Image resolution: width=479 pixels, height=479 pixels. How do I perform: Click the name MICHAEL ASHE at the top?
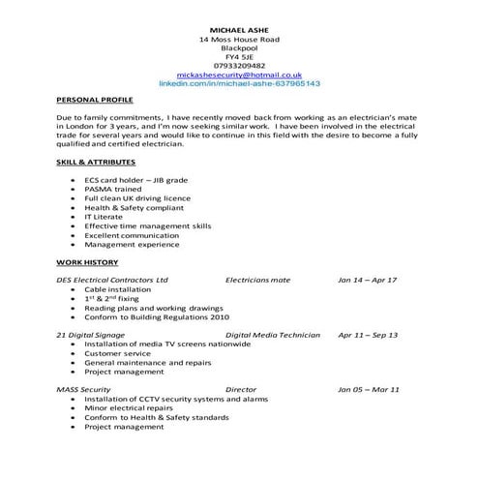(238, 30)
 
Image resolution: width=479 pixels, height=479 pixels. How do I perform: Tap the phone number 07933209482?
(238, 65)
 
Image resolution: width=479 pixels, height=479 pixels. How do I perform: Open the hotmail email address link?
(239, 75)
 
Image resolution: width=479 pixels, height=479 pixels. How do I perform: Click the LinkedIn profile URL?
(239, 84)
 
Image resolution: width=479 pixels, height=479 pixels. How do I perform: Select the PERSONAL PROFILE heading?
(95, 100)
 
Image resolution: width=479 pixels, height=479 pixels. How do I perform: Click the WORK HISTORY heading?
(87, 262)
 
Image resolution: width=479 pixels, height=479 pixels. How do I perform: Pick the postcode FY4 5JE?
(238, 56)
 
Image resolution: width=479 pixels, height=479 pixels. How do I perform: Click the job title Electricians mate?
(257, 280)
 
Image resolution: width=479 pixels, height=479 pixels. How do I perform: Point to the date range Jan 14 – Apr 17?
(367, 280)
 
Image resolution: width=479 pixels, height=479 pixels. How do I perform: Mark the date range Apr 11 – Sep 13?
(367, 335)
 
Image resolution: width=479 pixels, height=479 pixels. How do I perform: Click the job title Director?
(241, 389)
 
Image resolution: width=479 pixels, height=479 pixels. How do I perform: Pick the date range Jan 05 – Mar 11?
(368, 389)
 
